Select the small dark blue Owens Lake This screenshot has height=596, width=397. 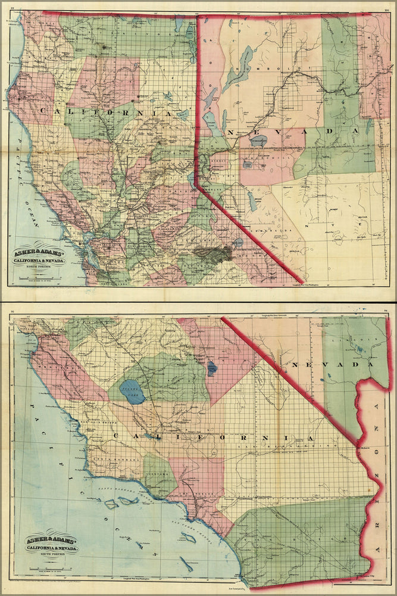pos(212,369)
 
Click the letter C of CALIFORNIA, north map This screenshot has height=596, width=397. pos(43,110)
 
